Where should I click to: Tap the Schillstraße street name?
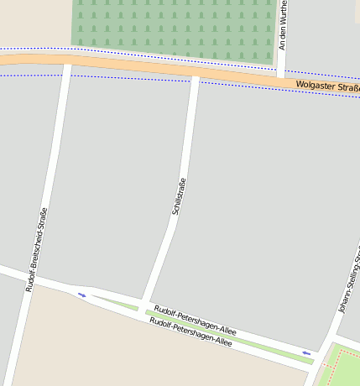click(x=176, y=197)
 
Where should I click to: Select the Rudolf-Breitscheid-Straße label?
click(x=37, y=249)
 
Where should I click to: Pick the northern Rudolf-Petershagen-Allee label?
click(x=195, y=321)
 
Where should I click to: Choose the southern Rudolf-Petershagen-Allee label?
click(x=190, y=333)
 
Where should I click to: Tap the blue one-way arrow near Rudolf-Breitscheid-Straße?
click(x=81, y=295)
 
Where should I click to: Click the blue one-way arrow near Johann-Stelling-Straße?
click(x=306, y=353)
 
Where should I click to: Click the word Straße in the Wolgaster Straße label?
click(x=345, y=88)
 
